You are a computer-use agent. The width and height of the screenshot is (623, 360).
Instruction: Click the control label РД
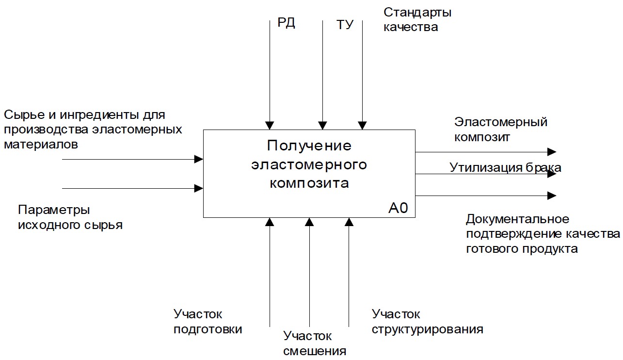286,23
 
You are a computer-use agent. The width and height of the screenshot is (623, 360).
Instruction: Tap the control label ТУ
345,25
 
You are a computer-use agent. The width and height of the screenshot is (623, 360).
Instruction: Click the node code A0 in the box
398,208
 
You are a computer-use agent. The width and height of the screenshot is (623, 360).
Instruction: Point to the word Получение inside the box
309,146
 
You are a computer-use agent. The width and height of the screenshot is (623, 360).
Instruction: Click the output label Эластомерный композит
500,129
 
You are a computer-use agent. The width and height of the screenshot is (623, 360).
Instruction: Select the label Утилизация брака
505,168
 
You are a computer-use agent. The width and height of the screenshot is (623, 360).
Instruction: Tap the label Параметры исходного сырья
70,217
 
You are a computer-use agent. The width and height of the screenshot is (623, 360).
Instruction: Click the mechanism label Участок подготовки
208,322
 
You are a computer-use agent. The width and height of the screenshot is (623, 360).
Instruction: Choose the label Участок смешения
315,343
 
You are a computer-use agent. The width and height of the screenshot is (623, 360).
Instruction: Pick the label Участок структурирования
427,322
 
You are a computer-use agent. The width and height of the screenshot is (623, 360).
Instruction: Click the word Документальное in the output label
517,219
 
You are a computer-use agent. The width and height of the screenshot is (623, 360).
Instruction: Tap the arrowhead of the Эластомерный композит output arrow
552,152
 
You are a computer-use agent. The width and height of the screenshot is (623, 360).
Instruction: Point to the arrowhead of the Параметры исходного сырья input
199,188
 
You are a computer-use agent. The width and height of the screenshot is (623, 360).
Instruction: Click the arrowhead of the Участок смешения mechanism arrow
309,222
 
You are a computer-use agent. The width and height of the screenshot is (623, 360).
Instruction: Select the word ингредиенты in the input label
95,115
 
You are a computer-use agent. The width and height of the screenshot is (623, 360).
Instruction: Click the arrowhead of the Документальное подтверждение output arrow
552,196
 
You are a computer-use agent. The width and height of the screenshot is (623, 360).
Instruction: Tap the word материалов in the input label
40,145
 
